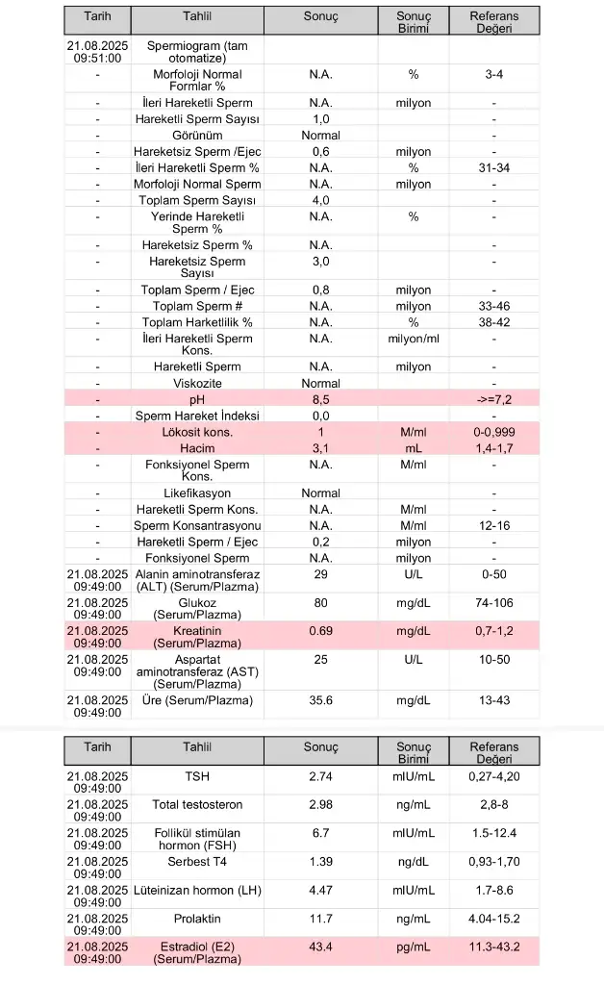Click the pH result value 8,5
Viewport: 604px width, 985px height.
coord(320,398)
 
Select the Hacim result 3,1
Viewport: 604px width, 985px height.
coord(320,448)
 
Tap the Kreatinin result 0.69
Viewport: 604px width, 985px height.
coord(320,630)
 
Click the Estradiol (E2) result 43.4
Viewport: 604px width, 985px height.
coord(320,947)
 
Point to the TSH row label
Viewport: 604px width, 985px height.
coord(197,774)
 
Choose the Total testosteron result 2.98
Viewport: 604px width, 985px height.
coord(320,804)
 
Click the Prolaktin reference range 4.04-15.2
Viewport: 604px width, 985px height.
coord(493,919)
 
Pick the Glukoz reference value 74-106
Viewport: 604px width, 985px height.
coord(493,603)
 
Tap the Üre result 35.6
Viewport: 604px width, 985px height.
coord(320,700)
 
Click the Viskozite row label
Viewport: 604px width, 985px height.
coord(197,383)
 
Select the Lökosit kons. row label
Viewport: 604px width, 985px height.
coord(197,433)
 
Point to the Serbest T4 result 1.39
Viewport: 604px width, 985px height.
coord(320,862)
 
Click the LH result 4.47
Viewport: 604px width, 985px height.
coord(320,890)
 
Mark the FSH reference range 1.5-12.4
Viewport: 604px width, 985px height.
coord(493,833)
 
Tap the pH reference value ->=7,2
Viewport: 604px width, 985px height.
coord(493,398)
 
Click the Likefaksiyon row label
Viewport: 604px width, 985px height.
coord(197,493)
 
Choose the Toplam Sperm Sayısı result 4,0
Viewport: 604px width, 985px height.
coord(320,200)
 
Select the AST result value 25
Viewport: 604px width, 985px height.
coord(320,659)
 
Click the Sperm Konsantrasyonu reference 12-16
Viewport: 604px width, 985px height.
coord(493,525)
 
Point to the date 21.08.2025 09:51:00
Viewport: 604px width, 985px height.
coord(97,52)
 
